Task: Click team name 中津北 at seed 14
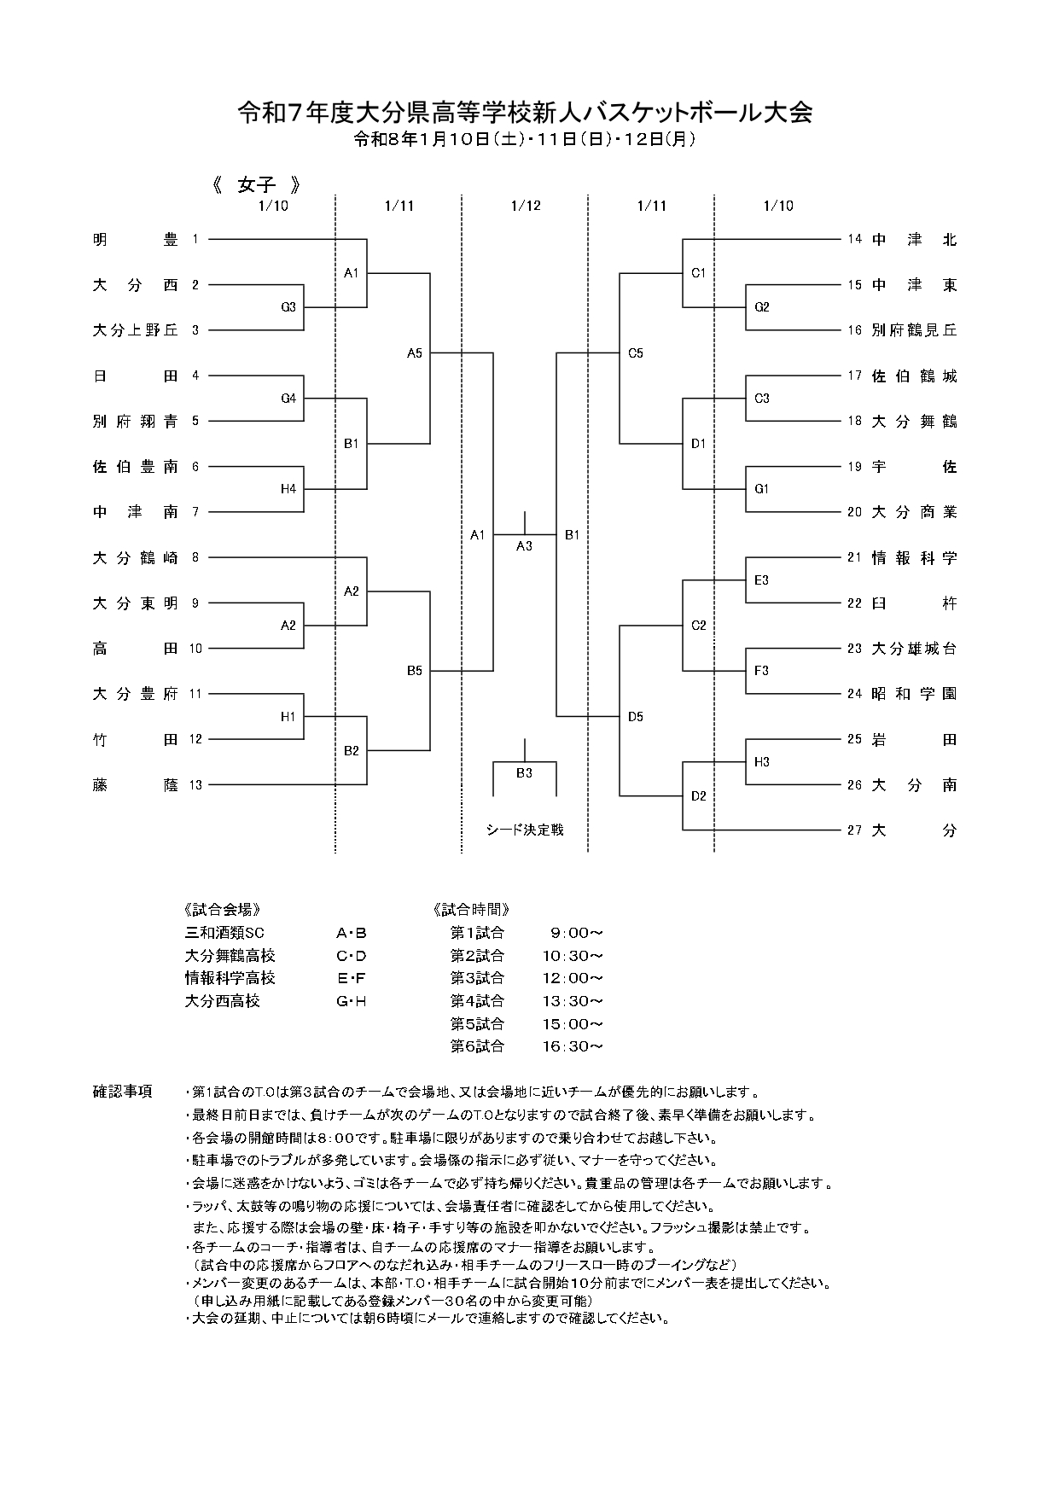[x=914, y=240]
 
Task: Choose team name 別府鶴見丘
[x=914, y=330]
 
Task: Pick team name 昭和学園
[x=914, y=694]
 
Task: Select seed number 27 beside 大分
[x=854, y=830]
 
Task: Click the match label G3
[x=288, y=307]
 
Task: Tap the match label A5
[x=415, y=353]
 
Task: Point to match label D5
[x=636, y=717]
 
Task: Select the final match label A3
[x=524, y=546]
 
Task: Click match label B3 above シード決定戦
[x=524, y=773]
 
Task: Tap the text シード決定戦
[x=525, y=830]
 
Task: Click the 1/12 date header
[x=526, y=206]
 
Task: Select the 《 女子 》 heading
[x=256, y=184]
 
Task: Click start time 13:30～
[x=573, y=1001]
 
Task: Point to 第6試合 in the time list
[x=477, y=1046]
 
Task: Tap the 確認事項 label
[x=122, y=1092]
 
